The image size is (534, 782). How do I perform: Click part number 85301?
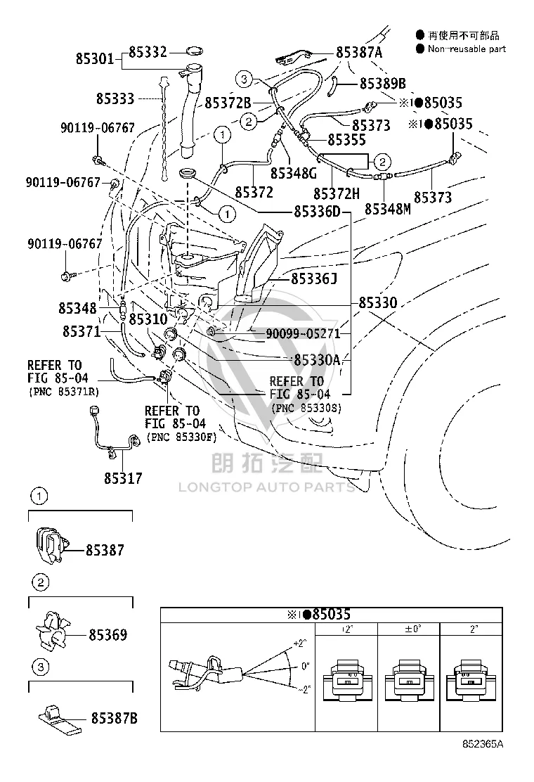[95, 59]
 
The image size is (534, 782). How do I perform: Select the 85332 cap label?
[148, 52]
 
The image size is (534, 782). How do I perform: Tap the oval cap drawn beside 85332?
[194, 51]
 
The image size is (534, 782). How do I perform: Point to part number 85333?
[115, 98]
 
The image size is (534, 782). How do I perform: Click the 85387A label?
[359, 52]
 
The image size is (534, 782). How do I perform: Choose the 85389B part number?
[382, 83]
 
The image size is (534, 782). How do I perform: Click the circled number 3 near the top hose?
[244, 79]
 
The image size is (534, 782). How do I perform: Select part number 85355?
[346, 140]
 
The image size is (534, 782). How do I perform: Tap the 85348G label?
[294, 173]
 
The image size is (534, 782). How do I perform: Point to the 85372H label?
[337, 193]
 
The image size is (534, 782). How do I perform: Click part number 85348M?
[388, 209]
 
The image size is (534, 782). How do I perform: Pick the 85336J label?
[314, 278]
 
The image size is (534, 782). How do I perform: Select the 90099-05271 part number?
[303, 333]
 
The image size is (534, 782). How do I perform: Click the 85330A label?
[317, 359]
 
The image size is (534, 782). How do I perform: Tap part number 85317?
[123, 478]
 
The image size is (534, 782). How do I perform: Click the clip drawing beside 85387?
[51, 545]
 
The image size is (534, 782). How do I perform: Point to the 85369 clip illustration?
[52, 630]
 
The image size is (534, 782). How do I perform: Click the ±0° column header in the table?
[412, 629]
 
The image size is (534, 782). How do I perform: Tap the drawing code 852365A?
[483, 744]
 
